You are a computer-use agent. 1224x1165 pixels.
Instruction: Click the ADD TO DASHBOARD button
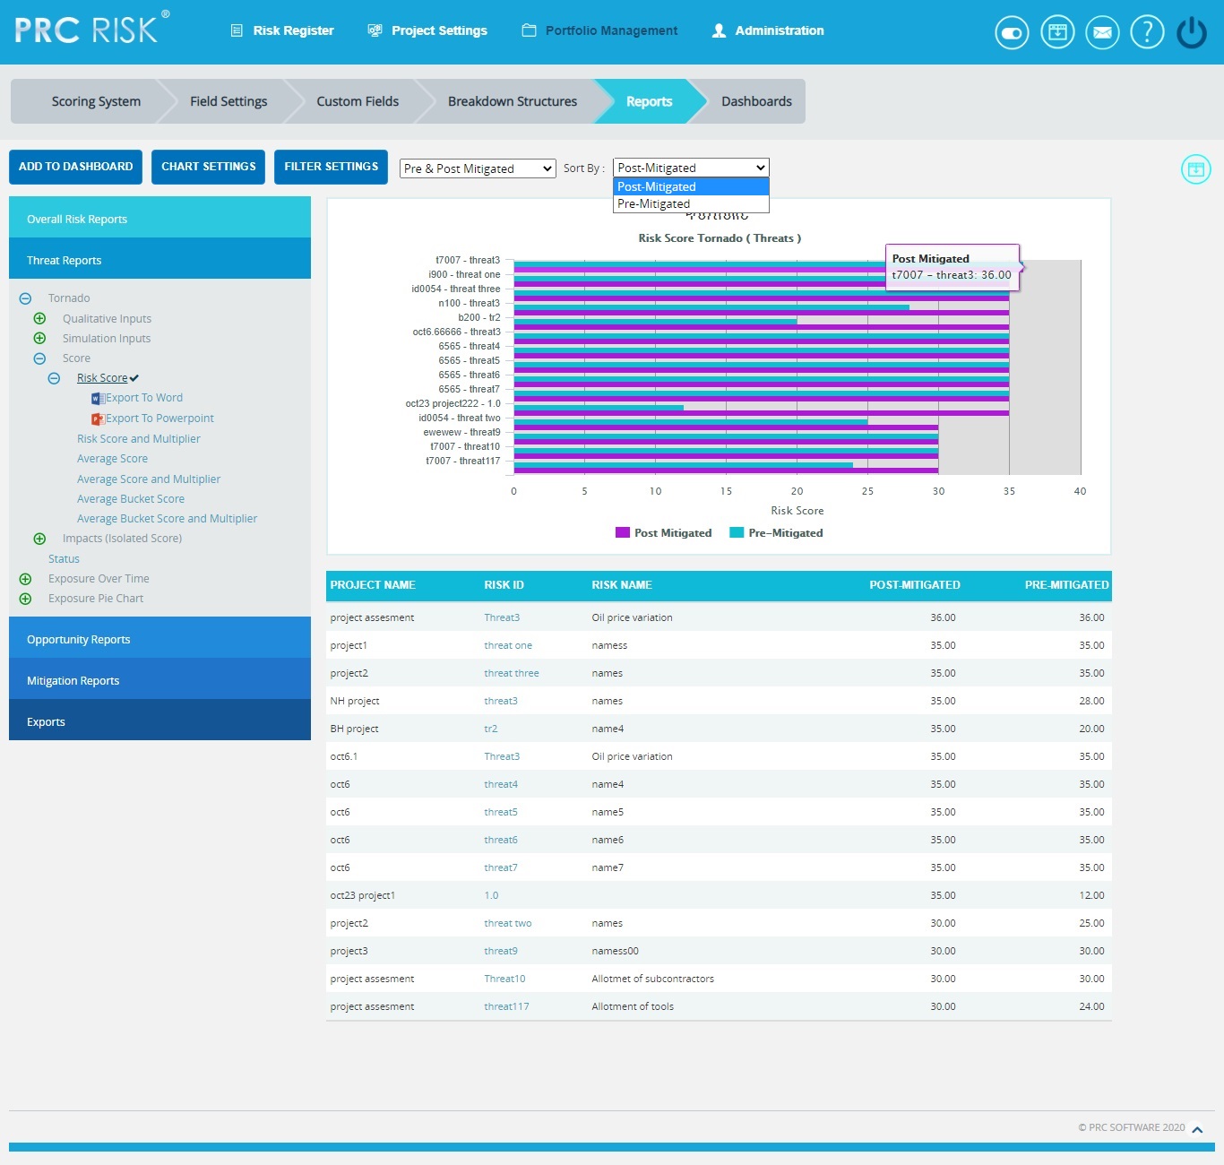pyautogui.click(x=75, y=167)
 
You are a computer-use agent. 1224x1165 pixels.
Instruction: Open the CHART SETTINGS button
pyautogui.click(x=208, y=167)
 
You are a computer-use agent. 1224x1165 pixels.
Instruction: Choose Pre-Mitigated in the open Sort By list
pyautogui.click(x=653, y=204)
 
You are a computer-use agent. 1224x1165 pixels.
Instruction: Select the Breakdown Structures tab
pyautogui.click(x=512, y=101)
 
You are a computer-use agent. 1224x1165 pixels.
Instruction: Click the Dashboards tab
pyautogui.click(x=756, y=101)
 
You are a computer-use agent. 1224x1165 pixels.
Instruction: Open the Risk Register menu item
pyautogui.click(x=283, y=30)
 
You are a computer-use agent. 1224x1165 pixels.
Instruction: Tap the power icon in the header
pyautogui.click(x=1191, y=32)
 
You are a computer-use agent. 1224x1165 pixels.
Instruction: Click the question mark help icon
pyautogui.click(x=1147, y=32)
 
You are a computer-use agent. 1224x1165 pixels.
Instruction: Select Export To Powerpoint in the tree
pyautogui.click(x=159, y=419)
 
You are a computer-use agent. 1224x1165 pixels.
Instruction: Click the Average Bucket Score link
pyautogui.click(x=131, y=499)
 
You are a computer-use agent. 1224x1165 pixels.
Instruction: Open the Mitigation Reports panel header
pyautogui.click(x=73, y=681)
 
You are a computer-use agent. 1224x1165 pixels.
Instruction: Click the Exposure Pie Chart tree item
pyautogui.click(x=96, y=599)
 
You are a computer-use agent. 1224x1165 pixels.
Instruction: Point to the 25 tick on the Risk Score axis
pyautogui.click(x=867, y=491)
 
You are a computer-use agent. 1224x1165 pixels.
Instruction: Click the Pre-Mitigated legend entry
pyautogui.click(x=785, y=533)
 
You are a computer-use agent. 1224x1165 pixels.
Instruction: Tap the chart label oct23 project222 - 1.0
pyautogui.click(x=453, y=403)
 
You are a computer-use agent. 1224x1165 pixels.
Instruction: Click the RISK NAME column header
pyautogui.click(x=622, y=585)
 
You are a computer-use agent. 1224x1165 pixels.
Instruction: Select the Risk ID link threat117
pyautogui.click(x=506, y=1006)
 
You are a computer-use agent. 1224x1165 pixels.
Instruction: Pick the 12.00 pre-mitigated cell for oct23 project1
pyautogui.click(x=1091, y=895)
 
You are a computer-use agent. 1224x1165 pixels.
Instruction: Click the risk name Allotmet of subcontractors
pyautogui.click(x=652, y=979)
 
